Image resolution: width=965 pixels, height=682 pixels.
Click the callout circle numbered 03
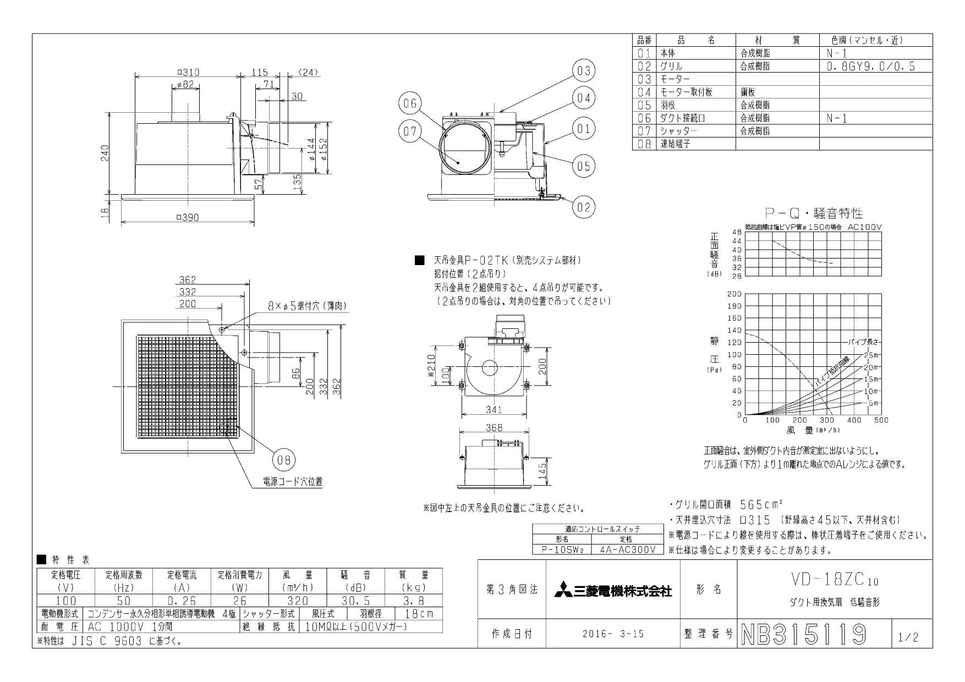pos(584,71)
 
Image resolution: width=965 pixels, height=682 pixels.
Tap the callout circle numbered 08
pos(283,460)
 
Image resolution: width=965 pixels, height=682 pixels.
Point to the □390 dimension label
pos(188,218)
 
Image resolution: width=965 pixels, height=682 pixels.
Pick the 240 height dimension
pos(105,152)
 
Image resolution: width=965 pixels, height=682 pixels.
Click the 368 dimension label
pos(495,427)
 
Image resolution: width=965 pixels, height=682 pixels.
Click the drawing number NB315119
pos(804,634)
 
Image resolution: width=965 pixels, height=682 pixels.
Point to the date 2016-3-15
pos(613,634)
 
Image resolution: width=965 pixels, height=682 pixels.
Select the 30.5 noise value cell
pos(355,601)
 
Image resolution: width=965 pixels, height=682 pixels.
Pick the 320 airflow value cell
pos(298,601)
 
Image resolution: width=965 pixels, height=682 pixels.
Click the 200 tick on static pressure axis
pos(735,294)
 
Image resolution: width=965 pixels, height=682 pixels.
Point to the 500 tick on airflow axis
pos(881,420)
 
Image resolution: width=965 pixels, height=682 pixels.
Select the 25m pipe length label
pos(871,355)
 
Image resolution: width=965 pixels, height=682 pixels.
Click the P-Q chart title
pos(814,213)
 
